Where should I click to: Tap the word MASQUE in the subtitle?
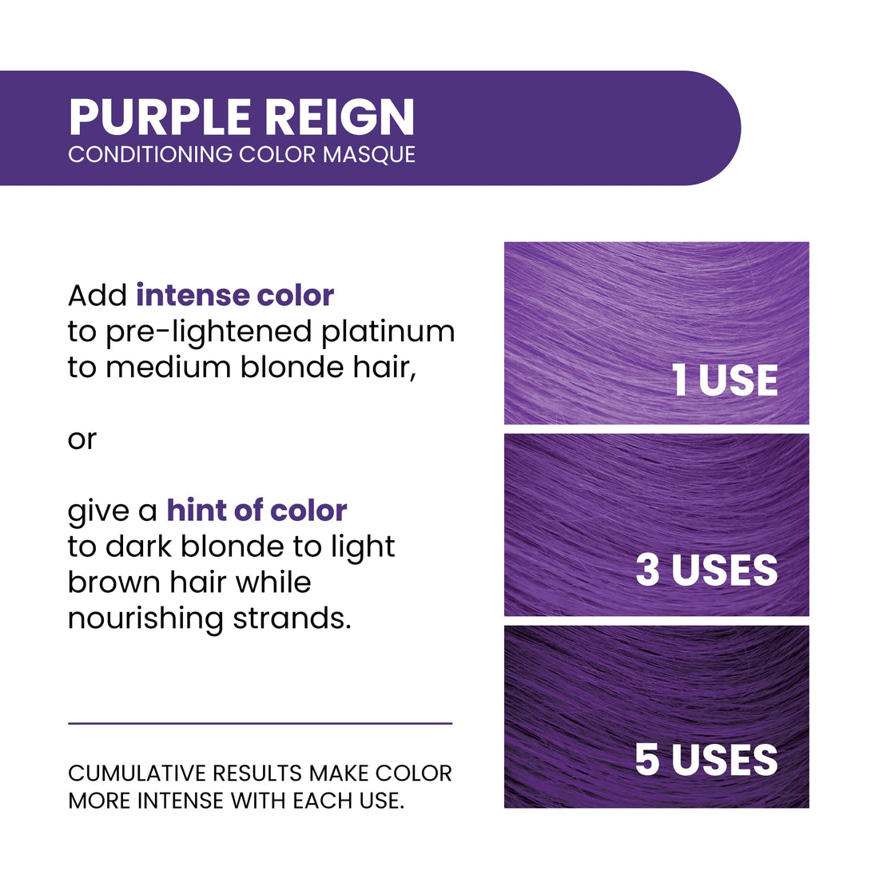click(369, 154)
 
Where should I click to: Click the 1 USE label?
click(725, 380)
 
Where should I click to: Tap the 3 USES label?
click(706, 570)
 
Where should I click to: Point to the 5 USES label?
click(706, 759)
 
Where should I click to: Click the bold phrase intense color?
click(235, 295)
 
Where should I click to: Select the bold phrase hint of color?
click(257, 510)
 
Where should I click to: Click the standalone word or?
click(82, 439)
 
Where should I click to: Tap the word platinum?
click(388, 332)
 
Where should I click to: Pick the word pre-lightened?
click(209, 332)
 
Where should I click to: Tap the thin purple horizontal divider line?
click(260, 723)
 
